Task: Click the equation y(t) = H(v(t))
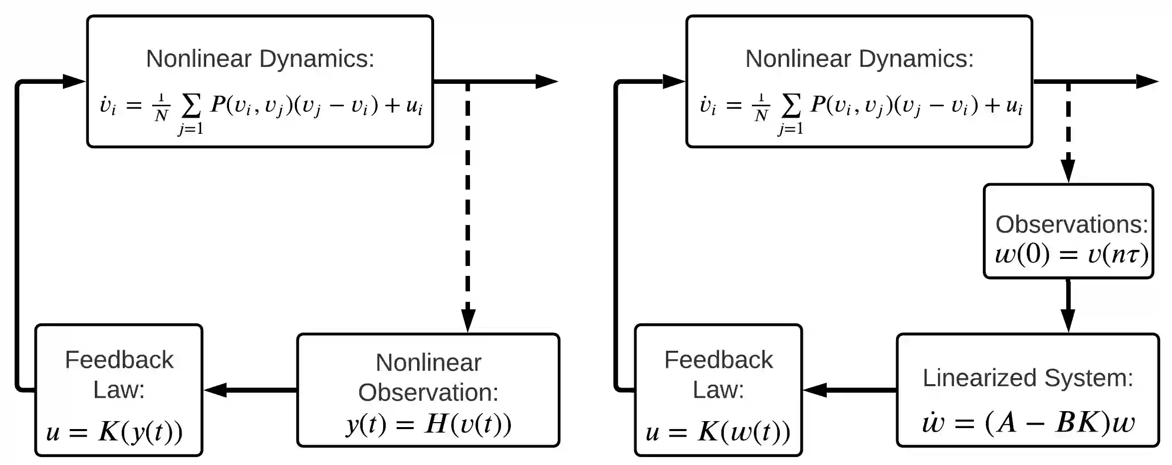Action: coord(429,425)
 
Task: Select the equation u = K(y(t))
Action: coord(114,432)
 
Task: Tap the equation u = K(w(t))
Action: coord(718,432)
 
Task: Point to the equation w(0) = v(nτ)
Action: coord(1071,255)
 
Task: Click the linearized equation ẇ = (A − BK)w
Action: coord(1028,423)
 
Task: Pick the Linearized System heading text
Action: coord(1028,378)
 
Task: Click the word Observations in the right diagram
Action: coord(1071,225)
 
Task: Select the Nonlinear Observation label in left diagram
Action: coord(429,377)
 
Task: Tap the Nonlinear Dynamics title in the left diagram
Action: coord(260,59)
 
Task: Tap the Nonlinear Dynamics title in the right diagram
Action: coord(859,59)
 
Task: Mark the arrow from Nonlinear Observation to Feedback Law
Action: coord(249,390)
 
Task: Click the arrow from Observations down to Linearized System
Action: coord(1068,305)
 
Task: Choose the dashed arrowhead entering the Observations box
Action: coord(1068,171)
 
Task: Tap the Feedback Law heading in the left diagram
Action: coord(119,374)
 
